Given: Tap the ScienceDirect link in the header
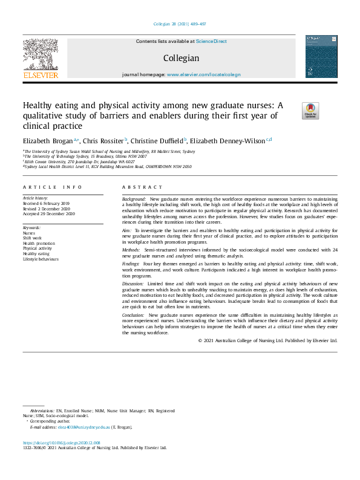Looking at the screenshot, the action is point(212,41).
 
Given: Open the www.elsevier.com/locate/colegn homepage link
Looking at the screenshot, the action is point(203,74).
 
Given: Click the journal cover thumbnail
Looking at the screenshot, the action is point(321,56).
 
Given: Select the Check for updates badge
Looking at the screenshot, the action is point(310,111).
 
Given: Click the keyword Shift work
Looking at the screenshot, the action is point(31,238).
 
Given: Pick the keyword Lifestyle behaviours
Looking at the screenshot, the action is point(40,259).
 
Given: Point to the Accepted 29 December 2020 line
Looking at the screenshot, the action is point(48,213).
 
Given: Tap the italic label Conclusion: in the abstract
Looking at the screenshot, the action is point(134,315).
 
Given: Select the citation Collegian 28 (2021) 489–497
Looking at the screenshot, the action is point(180,24).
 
